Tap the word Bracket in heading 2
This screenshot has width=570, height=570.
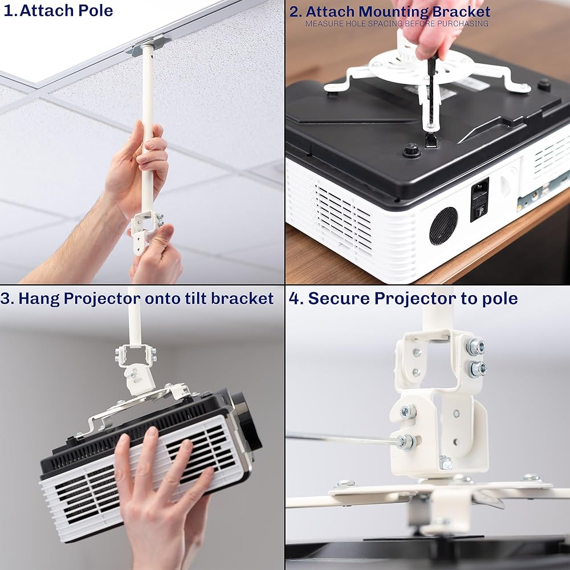click(461, 11)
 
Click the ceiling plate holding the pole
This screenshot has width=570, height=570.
click(148, 44)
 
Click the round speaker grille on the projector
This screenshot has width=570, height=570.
click(443, 226)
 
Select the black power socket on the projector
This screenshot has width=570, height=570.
click(479, 199)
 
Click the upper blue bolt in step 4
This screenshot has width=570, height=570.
click(476, 347)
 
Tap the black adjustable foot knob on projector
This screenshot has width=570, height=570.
click(412, 150)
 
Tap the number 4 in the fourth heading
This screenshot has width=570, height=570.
click(294, 299)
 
